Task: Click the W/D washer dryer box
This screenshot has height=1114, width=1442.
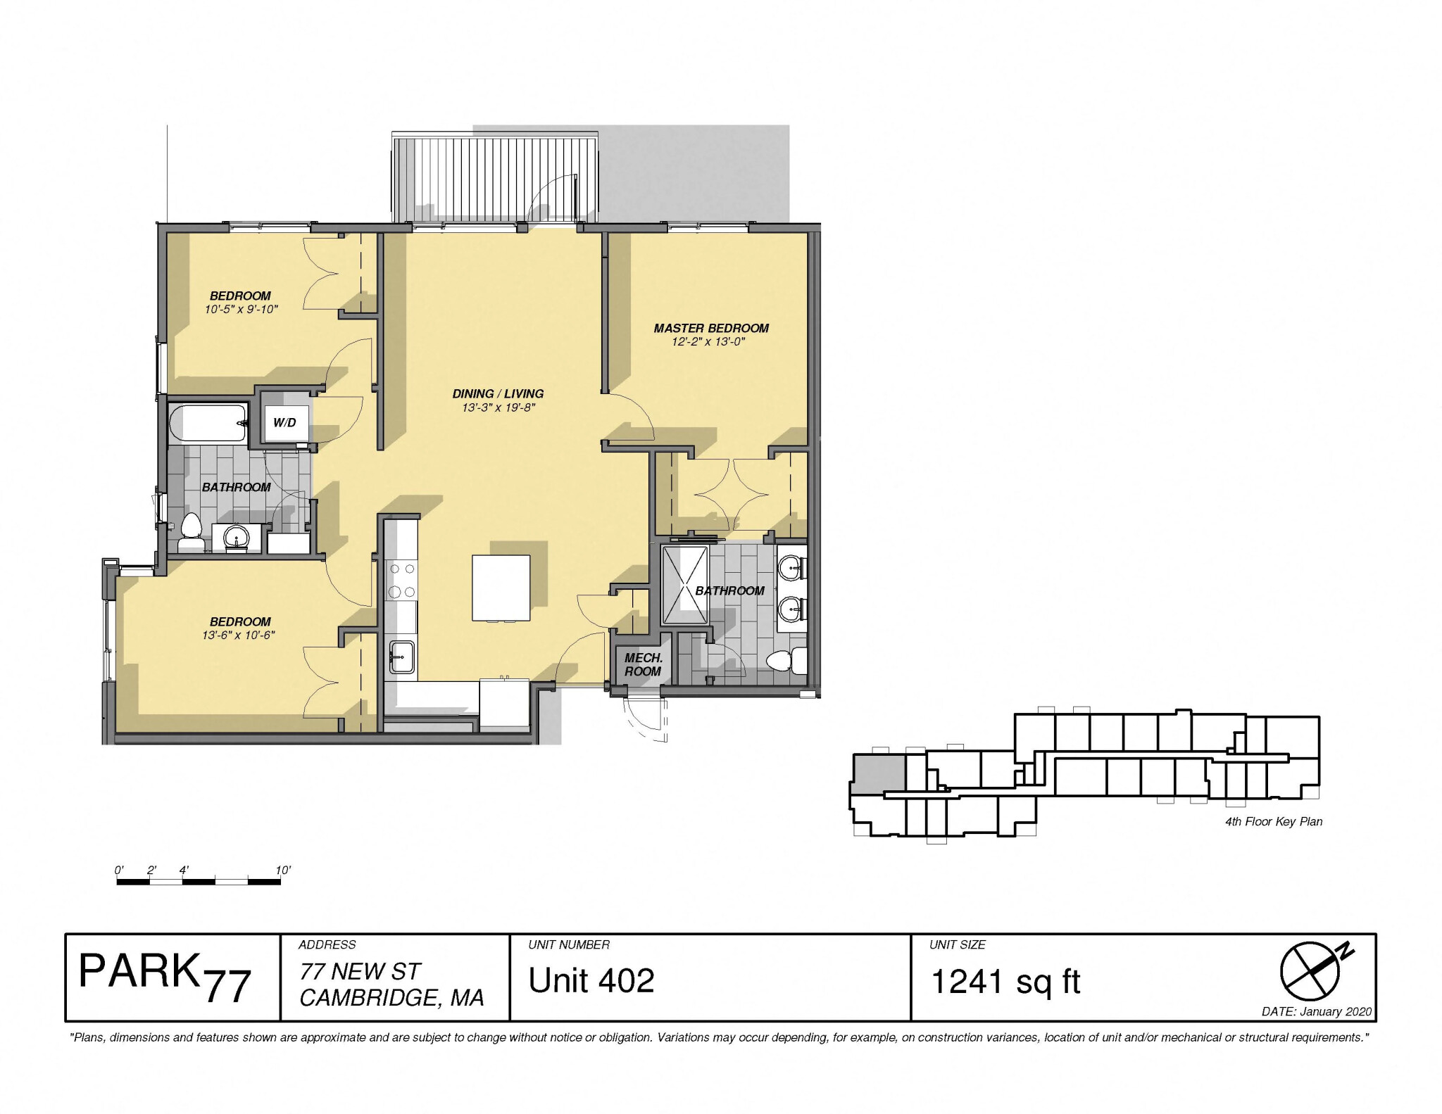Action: tap(285, 422)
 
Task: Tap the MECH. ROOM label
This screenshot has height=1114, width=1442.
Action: tap(643, 664)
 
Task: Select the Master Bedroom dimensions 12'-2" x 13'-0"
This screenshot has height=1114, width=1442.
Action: tap(708, 342)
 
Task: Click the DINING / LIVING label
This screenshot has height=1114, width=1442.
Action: tap(498, 393)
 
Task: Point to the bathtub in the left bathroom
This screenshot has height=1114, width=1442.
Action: tap(208, 423)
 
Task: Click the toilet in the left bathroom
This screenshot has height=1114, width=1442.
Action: tap(191, 533)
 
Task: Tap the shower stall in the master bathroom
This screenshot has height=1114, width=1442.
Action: tap(684, 585)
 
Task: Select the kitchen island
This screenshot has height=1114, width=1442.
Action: tap(501, 588)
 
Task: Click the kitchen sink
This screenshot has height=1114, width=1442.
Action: tap(401, 657)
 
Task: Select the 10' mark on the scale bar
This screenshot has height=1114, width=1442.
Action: tap(282, 870)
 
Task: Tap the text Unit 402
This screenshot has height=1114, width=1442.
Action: tap(591, 980)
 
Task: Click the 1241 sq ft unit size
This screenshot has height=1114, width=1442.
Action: tap(1005, 981)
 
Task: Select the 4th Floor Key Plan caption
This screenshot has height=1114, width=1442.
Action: tap(1273, 821)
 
